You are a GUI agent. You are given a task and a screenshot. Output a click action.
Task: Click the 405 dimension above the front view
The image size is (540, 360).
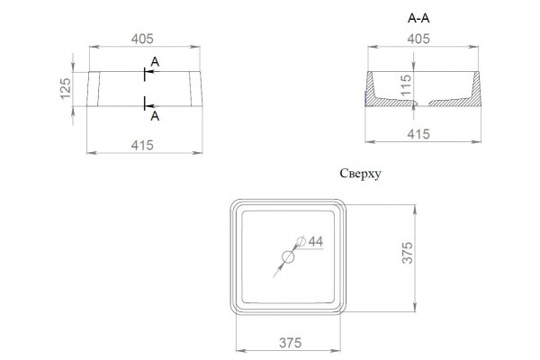pyautogui.click(x=142, y=39)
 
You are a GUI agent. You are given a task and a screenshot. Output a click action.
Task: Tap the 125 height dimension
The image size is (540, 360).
pyautogui.click(x=66, y=88)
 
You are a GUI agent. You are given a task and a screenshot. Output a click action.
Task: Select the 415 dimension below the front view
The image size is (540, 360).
pyautogui.click(x=142, y=145)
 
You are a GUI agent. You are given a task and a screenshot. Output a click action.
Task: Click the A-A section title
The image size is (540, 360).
pyautogui.click(x=418, y=18)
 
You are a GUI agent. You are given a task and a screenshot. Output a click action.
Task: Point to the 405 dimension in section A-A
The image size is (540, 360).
pyautogui.click(x=418, y=39)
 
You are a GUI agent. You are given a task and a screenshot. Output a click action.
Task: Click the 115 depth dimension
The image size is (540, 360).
pyautogui.click(x=407, y=85)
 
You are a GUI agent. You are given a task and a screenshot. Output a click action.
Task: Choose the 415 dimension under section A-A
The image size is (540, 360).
pyautogui.click(x=418, y=134)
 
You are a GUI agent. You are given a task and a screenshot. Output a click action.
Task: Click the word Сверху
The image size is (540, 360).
pyautogui.click(x=360, y=174)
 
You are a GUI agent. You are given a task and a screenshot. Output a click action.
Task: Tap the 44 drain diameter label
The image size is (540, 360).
pyautogui.click(x=316, y=241)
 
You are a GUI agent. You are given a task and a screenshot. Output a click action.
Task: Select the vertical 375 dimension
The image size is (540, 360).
pyautogui.click(x=408, y=253)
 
